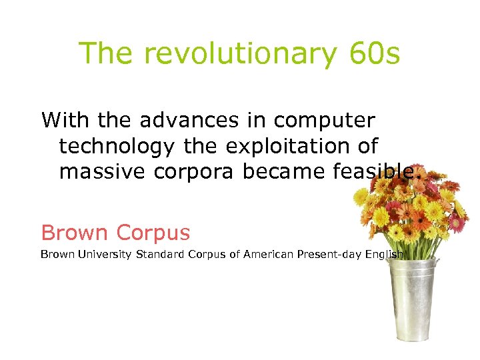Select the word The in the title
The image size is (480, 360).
tap(107, 53)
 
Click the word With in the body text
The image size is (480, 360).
tap(66, 120)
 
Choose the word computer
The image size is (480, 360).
tap(325, 121)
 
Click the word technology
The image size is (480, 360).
tap(117, 147)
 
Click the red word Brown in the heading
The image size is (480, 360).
tap(74, 233)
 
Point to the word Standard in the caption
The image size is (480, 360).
tap(161, 254)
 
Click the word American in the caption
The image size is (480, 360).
tap(268, 254)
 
